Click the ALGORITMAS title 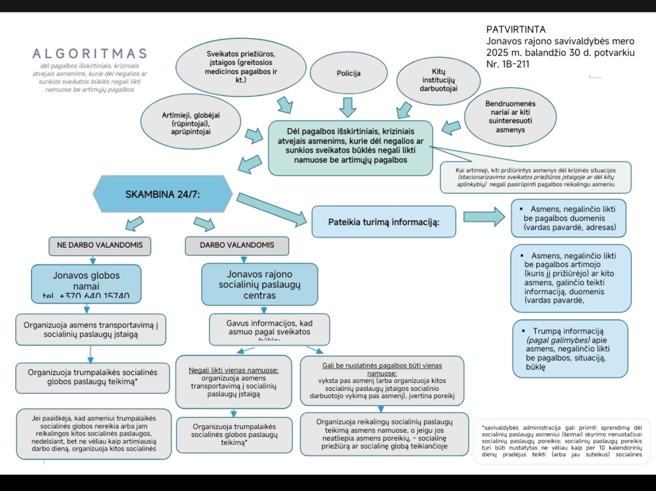pos(90,54)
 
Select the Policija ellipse pos(348,73)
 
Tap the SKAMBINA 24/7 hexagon pos(163,194)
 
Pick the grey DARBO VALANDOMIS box pos(237,245)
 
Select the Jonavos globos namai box pos(86,283)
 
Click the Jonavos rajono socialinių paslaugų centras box pos(259,284)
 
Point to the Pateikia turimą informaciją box pos(384,221)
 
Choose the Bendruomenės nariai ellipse pos(510,116)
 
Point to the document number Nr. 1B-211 pos(507,64)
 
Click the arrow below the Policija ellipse pos(347,107)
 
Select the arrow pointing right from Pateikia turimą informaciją pos(483,216)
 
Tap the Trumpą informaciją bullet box pos(569,349)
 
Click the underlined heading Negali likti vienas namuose pos(234,370)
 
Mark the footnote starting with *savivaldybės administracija pos(562,441)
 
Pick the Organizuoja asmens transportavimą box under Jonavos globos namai pos(91,329)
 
